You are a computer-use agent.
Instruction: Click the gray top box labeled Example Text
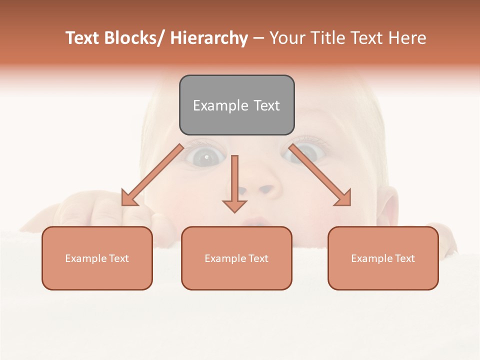tap(236, 105)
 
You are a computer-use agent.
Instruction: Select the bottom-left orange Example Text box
tap(97, 258)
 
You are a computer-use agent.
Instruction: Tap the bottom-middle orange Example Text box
tap(236, 258)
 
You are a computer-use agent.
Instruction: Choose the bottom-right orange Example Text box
tap(383, 258)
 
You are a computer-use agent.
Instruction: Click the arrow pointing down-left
tap(152, 175)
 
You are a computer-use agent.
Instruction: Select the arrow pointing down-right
tap(320, 175)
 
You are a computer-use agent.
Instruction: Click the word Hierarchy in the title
tap(209, 38)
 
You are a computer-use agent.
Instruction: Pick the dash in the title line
tap(258, 38)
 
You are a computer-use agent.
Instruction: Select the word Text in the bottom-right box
tap(404, 258)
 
